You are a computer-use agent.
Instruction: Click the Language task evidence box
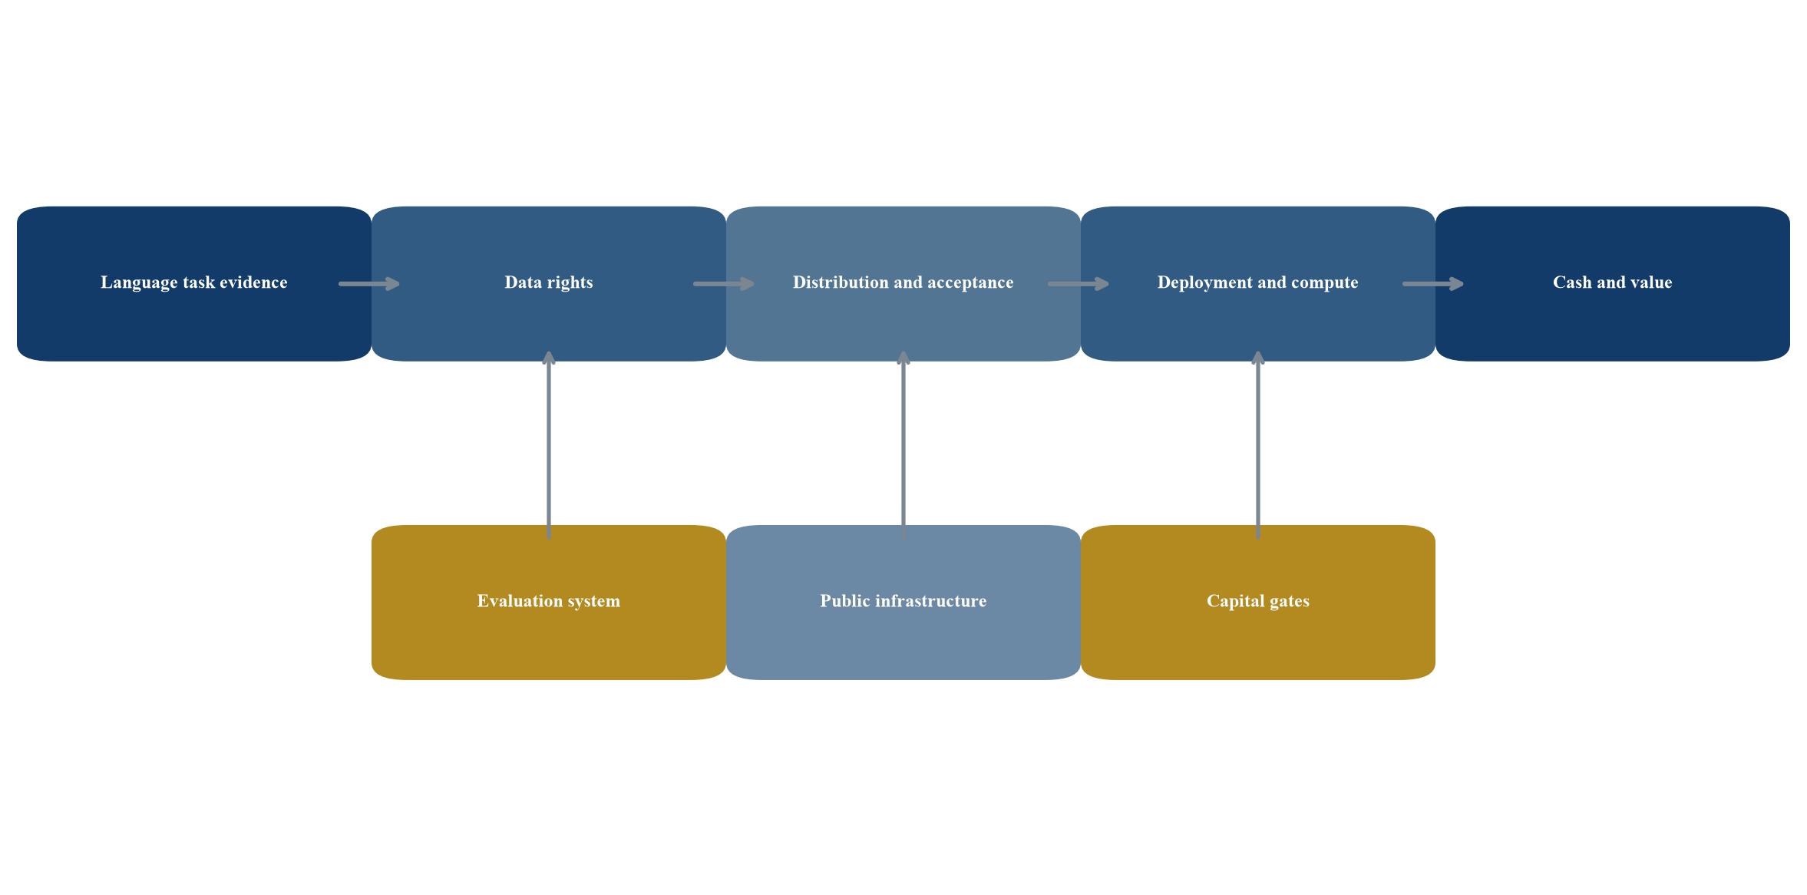(194, 283)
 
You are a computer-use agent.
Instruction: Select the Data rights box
(549, 283)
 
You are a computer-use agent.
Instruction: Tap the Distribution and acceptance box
(903, 283)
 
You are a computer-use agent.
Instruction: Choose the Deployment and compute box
(1258, 283)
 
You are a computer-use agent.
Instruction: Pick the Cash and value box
(1613, 283)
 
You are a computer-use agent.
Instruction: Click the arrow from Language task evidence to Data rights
(369, 284)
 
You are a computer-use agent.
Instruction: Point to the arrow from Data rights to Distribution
(724, 284)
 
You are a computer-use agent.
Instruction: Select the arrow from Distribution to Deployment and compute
(1079, 284)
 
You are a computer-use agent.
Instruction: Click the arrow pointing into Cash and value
(1433, 284)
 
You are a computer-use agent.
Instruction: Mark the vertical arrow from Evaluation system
(549, 445)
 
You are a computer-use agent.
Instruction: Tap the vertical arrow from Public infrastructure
(903, 445)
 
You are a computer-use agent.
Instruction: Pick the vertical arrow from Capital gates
(1258, 445)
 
